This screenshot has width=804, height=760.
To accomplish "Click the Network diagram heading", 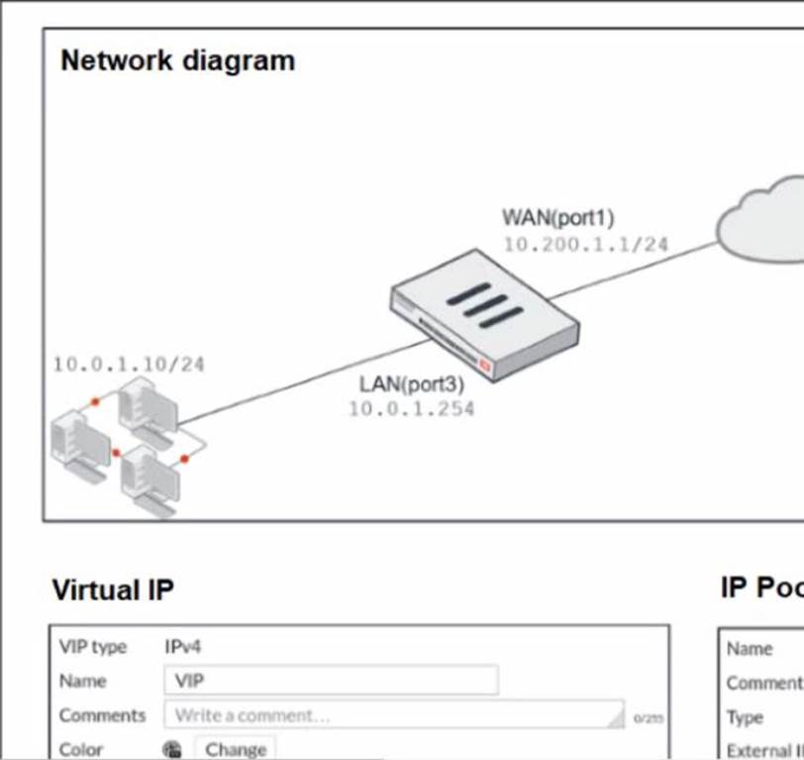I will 177,60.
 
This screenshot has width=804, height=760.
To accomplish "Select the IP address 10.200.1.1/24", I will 585,244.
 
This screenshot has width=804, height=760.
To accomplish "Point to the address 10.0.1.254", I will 411,408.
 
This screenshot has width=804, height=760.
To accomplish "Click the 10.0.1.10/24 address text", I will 128,365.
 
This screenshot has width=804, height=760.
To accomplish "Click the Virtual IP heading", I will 112,591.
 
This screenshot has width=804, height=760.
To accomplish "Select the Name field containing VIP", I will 331,681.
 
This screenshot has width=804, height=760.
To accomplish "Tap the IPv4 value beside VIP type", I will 183,647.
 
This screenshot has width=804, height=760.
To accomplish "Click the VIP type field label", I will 93,647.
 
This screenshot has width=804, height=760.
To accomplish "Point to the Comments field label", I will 102,714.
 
